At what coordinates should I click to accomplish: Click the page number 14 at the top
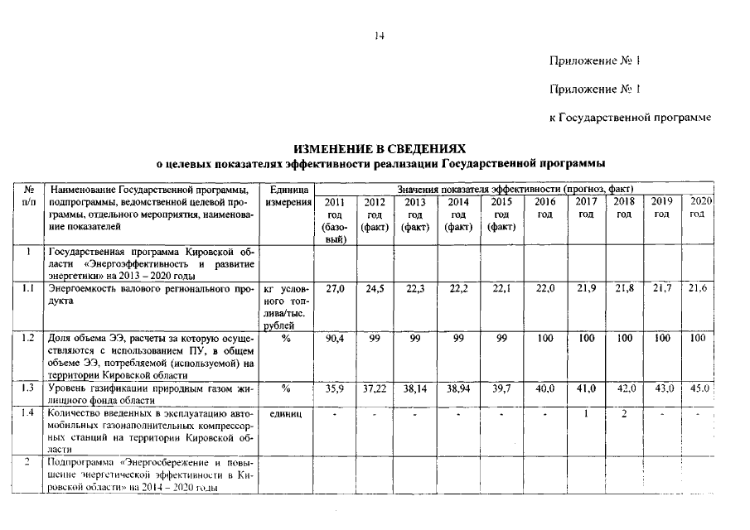[x=379, y=36]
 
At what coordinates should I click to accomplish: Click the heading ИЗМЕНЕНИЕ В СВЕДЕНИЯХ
[x=380, y=148]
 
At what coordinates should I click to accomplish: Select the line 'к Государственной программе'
[x=630, y=118]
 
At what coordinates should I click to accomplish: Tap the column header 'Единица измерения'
[x=288, y=196]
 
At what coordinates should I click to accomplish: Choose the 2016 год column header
[x=544, y=208]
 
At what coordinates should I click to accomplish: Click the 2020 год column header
[x=701, y=208]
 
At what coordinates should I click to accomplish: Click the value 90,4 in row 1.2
[x=334, y=339]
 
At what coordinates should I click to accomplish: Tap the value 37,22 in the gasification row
[x=375, y=388]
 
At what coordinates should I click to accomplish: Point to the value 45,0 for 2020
[x=701, y=388]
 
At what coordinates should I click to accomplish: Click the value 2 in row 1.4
[x=624, y=413]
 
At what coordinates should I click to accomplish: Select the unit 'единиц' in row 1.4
[x=287, y=413]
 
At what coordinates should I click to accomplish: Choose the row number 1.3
[x=28, y=387]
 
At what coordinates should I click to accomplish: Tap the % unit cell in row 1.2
[x=287, y=339]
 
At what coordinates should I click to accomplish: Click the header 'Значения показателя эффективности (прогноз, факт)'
[x=515, y=189]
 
